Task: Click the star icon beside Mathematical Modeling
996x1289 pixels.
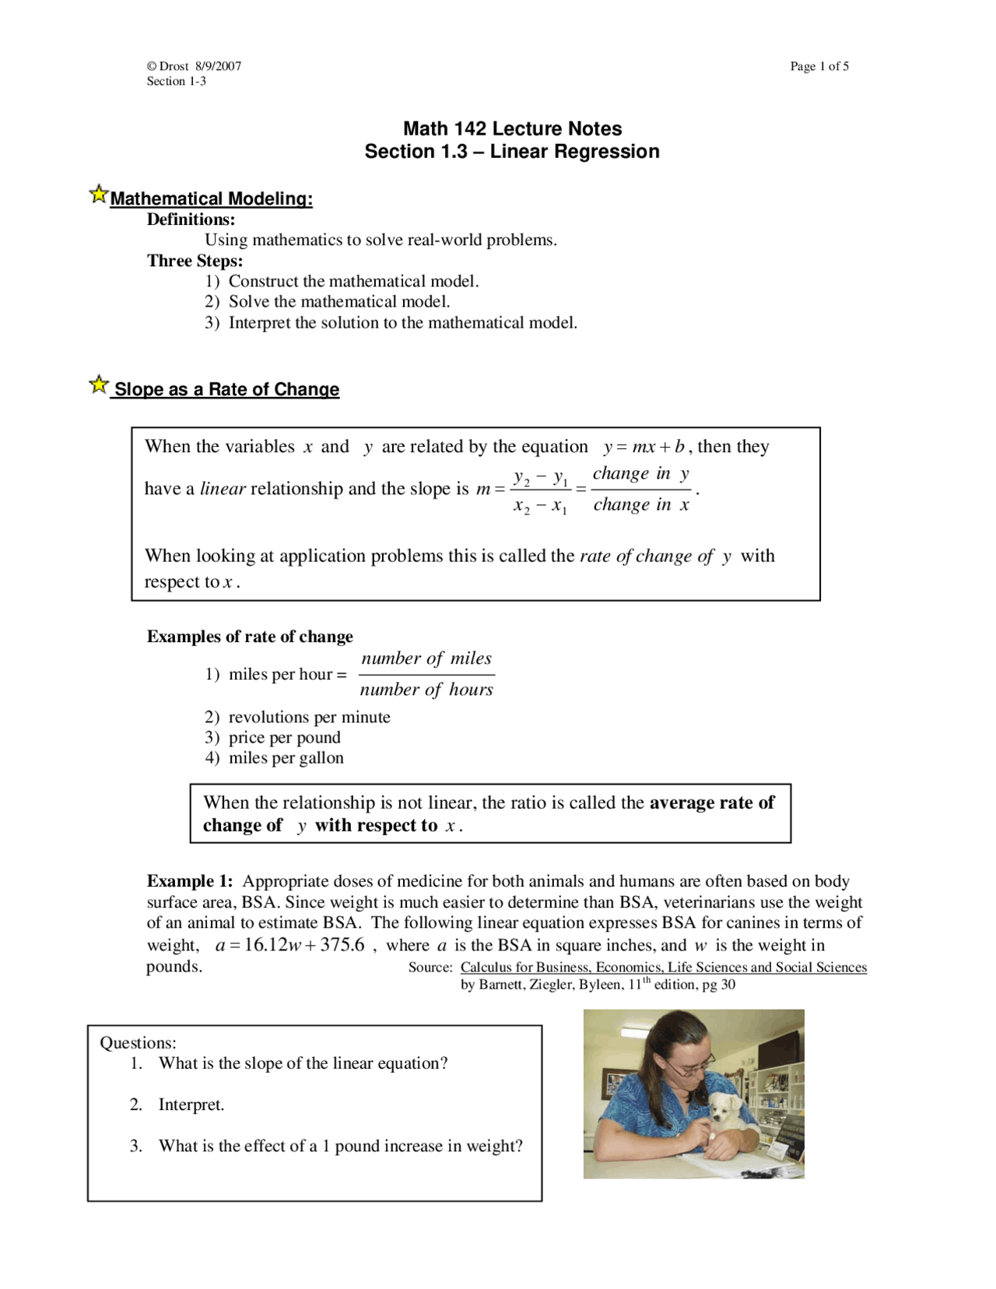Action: tap(98, 194)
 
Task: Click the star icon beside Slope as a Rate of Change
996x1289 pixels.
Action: tap(98, 385)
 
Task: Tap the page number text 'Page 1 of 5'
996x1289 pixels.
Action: tap(819, 66)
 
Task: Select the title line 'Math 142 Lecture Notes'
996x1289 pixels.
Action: tap(512, 128)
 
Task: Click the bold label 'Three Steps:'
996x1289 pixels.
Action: tap(195, 261)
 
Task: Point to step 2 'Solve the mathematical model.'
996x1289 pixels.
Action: tap(338, 301)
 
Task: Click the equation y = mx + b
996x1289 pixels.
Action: tap(644, 447)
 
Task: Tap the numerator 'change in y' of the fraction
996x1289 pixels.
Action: tap(640, 474)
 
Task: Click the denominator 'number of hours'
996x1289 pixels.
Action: tap(426, 690)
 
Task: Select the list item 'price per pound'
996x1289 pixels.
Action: tap(284, 737)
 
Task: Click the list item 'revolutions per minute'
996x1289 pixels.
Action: tap(309, 717)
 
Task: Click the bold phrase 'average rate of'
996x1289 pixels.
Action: tap(711, 803)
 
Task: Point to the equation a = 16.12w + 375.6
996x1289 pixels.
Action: tap(289, 945)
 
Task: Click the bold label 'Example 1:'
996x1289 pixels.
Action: tap(190, 881)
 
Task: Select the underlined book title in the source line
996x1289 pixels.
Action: tap(663, 967)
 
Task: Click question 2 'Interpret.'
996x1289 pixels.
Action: tap(191, 1105)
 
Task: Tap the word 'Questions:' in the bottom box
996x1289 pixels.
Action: tap(138, 1043)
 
